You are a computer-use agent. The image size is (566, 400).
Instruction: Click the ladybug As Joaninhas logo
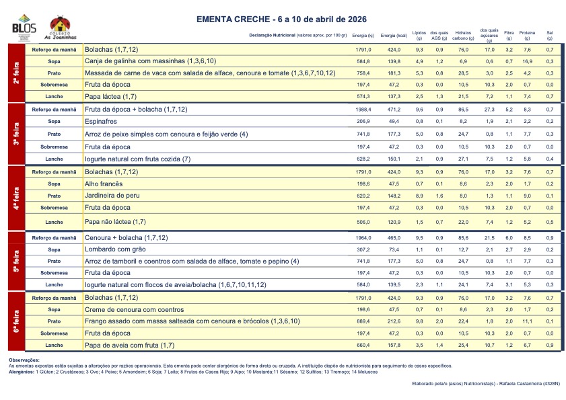(x=60, y=28)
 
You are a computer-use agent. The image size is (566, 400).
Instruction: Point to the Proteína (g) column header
(x=527, y=34)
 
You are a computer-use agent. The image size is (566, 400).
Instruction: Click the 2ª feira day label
(x=15, y=73)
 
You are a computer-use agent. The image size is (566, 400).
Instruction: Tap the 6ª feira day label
(x=15, y=321)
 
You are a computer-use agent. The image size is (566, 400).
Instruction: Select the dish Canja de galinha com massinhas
(x=150, y=61)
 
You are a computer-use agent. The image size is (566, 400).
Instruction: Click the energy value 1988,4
(x=363, y=110)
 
